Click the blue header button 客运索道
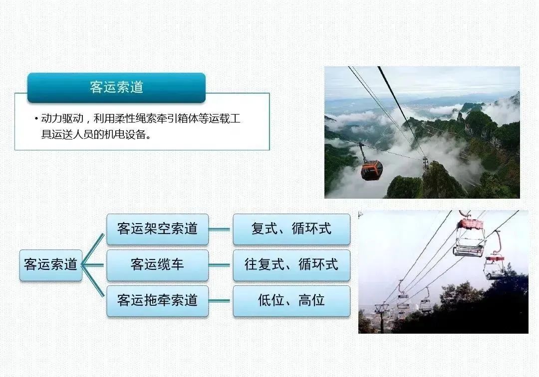click(116, 87)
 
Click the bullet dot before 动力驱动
click(36, 120)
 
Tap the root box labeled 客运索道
click(50, 265)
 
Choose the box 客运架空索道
click(157, 229)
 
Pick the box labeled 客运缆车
click(157, 265)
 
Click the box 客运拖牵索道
click(157, 300)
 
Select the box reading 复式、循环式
click(291, 229)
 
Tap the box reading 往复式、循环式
click(291, 265)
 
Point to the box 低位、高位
click(291, 300)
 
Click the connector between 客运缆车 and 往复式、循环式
click(221, 265)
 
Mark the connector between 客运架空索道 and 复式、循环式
click(221, 229)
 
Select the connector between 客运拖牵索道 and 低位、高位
click(221, 300)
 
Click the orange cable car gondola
click(371, 169)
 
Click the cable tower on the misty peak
click(425, 161)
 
